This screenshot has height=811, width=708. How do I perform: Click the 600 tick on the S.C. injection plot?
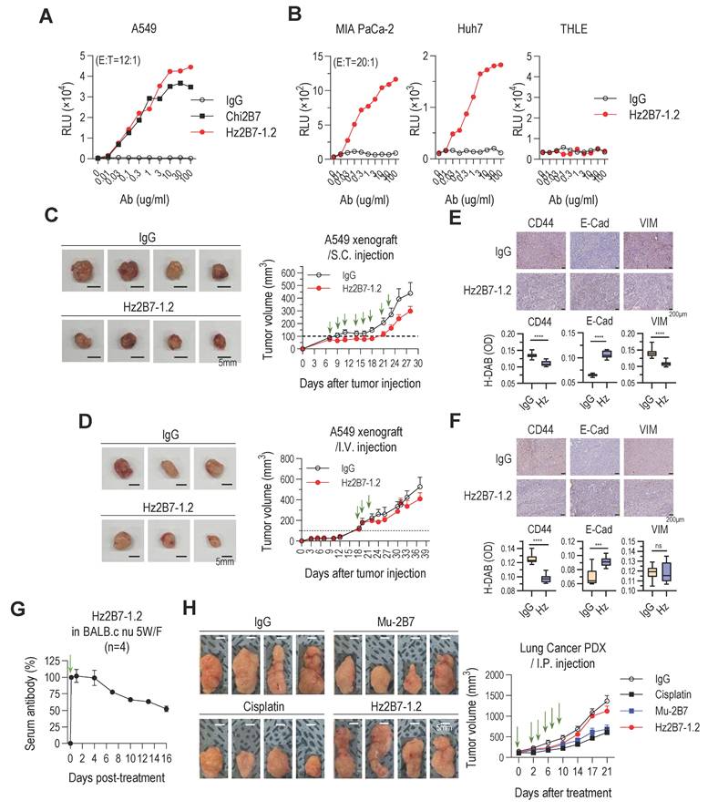pos(288,271)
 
